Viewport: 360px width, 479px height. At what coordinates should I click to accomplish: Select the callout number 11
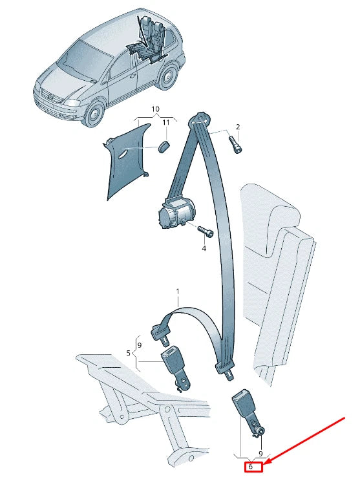pos(165,123)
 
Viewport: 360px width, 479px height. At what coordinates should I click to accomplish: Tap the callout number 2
pos(237,127)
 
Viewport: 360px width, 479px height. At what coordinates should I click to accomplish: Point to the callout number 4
pos(204,248)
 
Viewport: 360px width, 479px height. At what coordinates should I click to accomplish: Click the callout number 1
pos(178,292)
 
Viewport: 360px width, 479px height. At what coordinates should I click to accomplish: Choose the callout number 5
pos(129,353)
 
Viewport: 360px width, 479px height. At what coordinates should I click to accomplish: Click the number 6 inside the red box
pos(251,466)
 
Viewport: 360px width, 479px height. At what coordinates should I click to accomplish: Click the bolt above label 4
pos(204,231)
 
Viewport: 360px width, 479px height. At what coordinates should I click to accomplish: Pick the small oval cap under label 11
pos(165,144)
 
